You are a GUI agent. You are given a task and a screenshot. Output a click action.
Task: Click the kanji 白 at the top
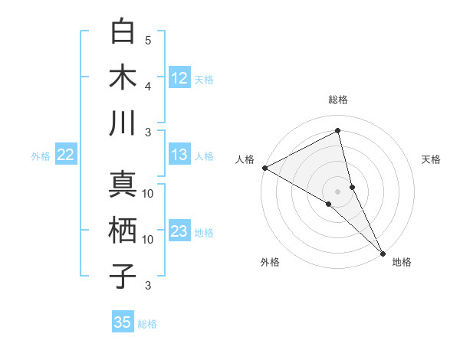click(x=123, y=32)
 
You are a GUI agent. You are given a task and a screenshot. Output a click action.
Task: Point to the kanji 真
click(x=123, y=186)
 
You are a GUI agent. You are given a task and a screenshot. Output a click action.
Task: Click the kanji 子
click(x=123, y=277)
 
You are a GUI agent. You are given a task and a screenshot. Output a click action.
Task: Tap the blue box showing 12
click(x=179, y=77)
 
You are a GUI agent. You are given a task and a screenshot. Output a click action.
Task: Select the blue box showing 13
click(x=179, y=155)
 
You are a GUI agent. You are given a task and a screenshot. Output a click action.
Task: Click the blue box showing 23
click(x=179, y=231)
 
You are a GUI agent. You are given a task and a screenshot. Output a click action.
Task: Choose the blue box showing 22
click(x=66, y=155)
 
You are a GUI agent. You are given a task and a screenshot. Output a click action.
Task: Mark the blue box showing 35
click(x=123, y=322)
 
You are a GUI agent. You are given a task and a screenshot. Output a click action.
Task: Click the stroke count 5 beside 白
click(x=148, y=40)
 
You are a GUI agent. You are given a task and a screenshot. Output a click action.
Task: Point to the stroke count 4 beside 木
click(x=148, y=85)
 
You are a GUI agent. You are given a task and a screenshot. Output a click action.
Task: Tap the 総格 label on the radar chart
click(x=338, y=100)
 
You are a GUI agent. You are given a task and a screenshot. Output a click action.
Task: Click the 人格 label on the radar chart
click(x=245, y=159)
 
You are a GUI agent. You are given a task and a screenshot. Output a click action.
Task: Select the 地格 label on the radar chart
click(x=402, y=262)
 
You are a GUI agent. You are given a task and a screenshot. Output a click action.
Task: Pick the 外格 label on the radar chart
click(x=270, y=262)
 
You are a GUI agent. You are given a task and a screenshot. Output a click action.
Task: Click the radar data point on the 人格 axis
click(x=264, y=168)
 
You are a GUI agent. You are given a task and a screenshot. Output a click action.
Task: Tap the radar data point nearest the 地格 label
click(x=382, y=252)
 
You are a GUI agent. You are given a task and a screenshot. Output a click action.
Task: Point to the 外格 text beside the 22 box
click(x=41, y=155)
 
